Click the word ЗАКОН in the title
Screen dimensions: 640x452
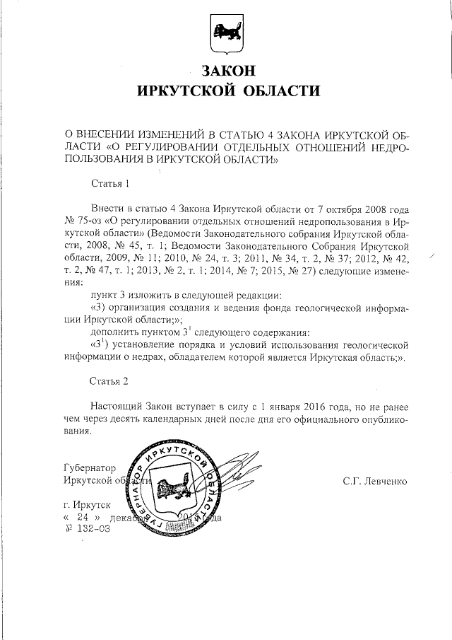(227, 71)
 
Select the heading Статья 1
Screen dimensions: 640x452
(111, 185)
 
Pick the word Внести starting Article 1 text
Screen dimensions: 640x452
(107, 210)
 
